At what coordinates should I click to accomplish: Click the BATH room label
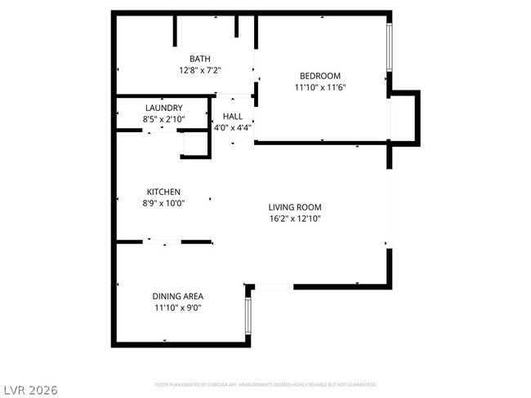200,58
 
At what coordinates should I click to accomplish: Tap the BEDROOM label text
320,76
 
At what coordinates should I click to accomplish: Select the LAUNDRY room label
163,108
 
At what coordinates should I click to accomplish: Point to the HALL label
233,117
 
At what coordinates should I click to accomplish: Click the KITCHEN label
163,192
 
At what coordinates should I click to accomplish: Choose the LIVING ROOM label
295,207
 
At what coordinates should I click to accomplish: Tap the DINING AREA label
178,296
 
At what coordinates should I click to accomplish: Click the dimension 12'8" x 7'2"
200,70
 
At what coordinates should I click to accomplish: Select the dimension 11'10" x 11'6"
320,87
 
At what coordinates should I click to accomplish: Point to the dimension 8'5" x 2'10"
163,119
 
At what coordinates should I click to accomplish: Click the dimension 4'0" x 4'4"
233,127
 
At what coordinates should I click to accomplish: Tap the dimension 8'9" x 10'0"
163,203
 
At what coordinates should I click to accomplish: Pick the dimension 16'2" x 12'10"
295,219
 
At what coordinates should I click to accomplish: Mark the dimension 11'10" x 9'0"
178,307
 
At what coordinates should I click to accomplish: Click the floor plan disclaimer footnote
265,383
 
